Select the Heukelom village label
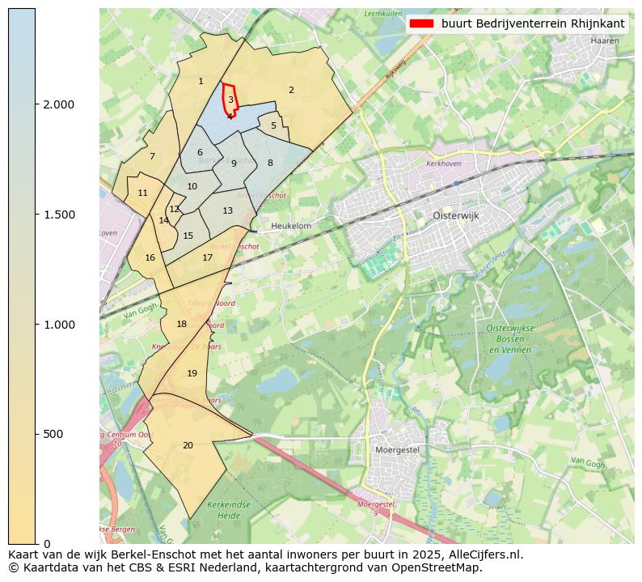(291, 227)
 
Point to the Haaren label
(605, 40)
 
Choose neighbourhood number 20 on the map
(188, 445)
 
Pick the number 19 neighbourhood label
(192, 373)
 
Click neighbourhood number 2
(291, 90)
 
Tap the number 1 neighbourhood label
(201, 81)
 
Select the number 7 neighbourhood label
(152, 156)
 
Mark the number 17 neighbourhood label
(208, 257)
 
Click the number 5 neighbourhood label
(273, 125)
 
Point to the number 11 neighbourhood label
(143, 193)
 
